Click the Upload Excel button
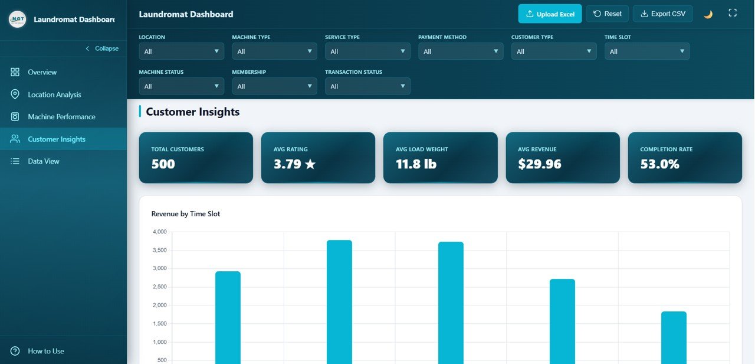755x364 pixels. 550,14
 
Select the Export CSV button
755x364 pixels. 662,14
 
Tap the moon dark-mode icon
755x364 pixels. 708,14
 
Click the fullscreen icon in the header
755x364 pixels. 733,13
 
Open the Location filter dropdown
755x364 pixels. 181,51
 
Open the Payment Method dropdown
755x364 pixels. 461,51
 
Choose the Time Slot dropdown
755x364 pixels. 647,51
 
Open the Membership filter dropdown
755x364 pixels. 274,86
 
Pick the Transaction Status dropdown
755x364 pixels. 367,86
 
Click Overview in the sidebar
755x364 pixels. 42,72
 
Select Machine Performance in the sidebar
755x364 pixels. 61,116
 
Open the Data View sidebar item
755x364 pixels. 44,161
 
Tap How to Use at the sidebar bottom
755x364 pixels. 46,351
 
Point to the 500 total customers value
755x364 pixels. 163,164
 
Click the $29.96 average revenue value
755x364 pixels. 540,164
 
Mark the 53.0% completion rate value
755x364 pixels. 660,164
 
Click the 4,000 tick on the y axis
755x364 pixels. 159,232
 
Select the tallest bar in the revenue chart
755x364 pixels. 339,301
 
